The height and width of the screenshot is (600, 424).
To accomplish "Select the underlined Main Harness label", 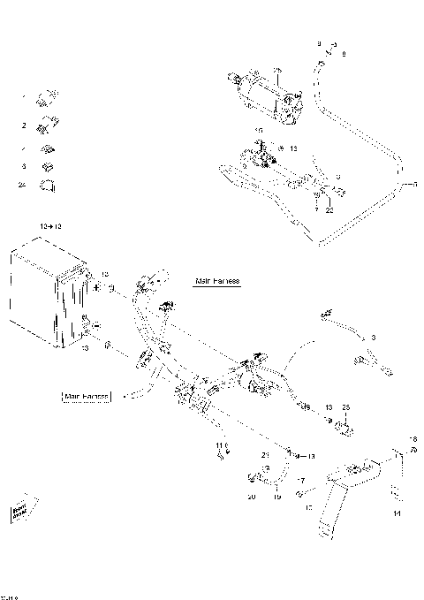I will (x=217, y=280).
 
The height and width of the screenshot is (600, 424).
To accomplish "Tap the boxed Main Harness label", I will (x=86, y=397).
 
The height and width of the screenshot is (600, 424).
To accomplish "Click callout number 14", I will (x=396, y=512).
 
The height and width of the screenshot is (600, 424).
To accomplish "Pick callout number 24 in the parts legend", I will (x=22, y=185).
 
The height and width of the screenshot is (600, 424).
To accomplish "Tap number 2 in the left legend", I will (x=24, y=125).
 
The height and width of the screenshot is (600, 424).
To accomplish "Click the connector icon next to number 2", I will (x=47, y=125).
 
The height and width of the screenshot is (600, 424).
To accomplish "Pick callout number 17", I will (x=301, y=482).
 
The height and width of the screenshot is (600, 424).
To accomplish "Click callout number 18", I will (x=411, y=438).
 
